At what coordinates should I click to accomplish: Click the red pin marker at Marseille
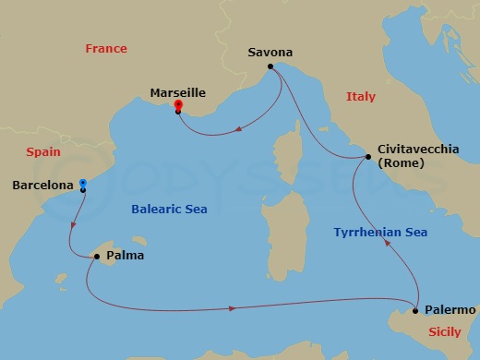(178, 107)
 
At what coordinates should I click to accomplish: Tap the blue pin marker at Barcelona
(83, 185)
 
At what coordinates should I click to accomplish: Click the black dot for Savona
(270, 67)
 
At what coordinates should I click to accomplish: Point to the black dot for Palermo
(416, 310)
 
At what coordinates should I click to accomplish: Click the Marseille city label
(177, 92)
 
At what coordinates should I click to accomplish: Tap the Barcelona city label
(42, 186)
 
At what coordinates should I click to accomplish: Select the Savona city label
(270, 53)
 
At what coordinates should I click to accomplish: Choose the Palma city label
(125, 256)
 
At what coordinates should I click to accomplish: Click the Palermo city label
(451, 310)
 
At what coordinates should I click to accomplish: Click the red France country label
(105, 48)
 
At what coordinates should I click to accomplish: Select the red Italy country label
(361, 96)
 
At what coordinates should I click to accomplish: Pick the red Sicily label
(446, 330)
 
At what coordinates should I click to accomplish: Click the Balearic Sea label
(169, 210)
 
